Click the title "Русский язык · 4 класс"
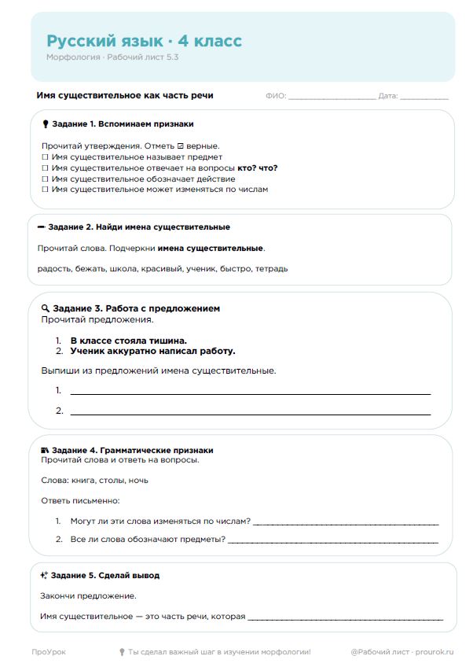144,41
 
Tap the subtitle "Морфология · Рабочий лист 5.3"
112,57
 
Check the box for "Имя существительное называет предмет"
44,157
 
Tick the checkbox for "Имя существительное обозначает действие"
44,179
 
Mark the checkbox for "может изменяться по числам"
44,190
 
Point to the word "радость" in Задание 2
53,268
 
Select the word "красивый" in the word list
200,268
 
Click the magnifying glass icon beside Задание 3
46,308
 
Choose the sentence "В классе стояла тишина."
128,341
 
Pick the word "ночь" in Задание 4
137,480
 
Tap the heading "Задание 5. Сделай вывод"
105,575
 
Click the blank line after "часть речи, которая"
345,618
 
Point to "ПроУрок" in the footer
49,652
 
